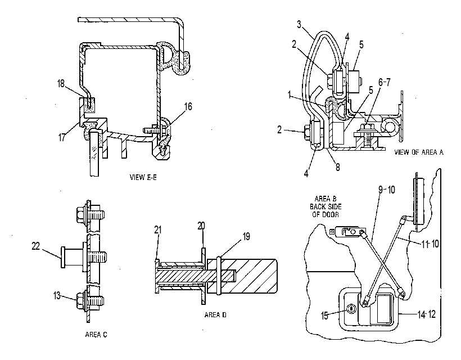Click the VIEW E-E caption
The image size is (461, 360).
pyautogui.click(x=143, y=177)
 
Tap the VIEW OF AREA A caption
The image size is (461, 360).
pyautogui.click(x=419, y=152)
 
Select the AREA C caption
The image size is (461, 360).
pyautogui.click(x=96, y=335)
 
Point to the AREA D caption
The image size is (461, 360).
pyautogui.click(x=215, y=315)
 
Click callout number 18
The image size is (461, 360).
pyautogui.click(x=61, y=84)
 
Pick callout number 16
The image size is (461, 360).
pyautogui.click(x=188, y=106)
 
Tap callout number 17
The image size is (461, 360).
pyautogui.click(x=62, y=137)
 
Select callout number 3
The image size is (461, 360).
pyautogui.click(x=299, y=24)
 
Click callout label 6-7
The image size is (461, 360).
pyautogui.click(x=385, y=82)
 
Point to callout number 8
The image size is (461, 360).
pyautogui.click(x=338, y=167)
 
